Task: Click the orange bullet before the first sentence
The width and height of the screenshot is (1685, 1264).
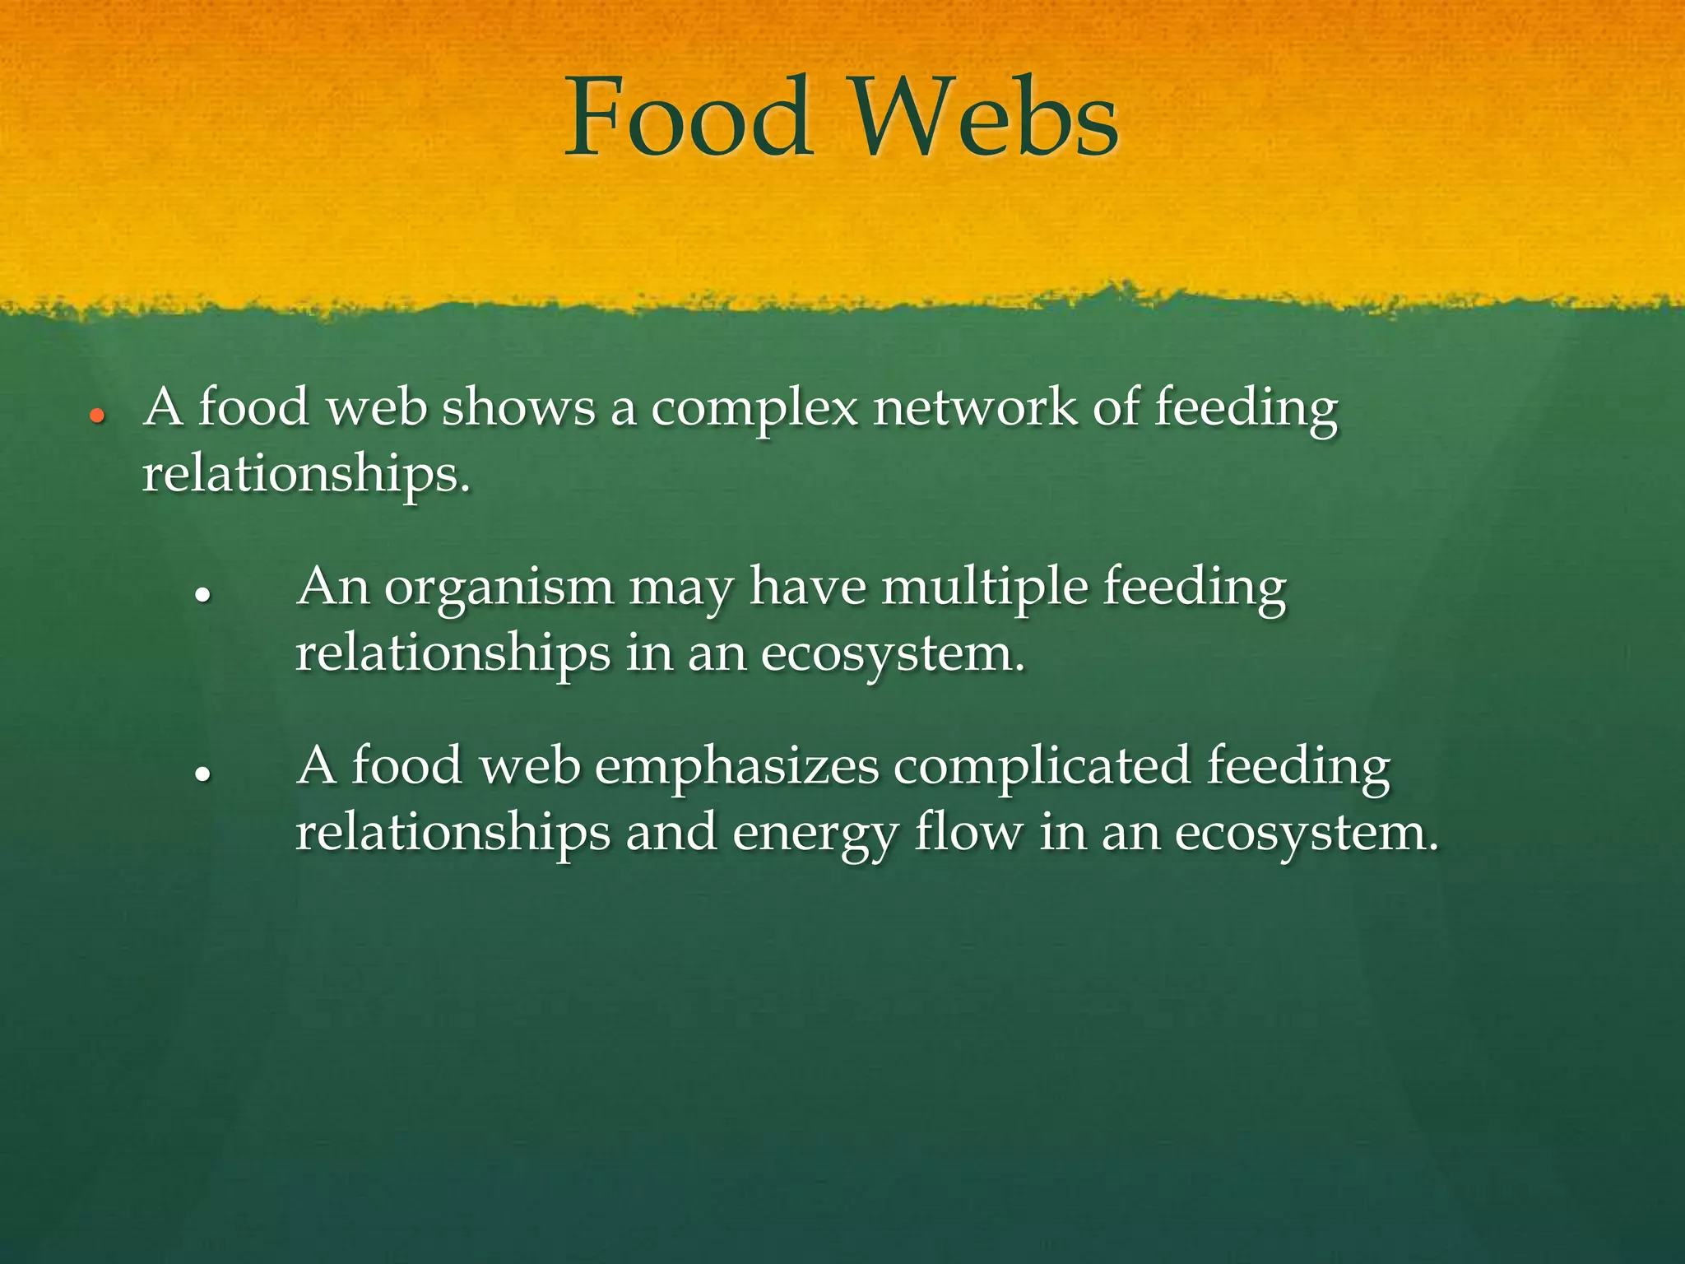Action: pos(97,417)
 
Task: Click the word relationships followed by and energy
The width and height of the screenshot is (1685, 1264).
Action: pos(453,833)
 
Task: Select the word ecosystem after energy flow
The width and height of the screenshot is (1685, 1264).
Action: pos(1306,834)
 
